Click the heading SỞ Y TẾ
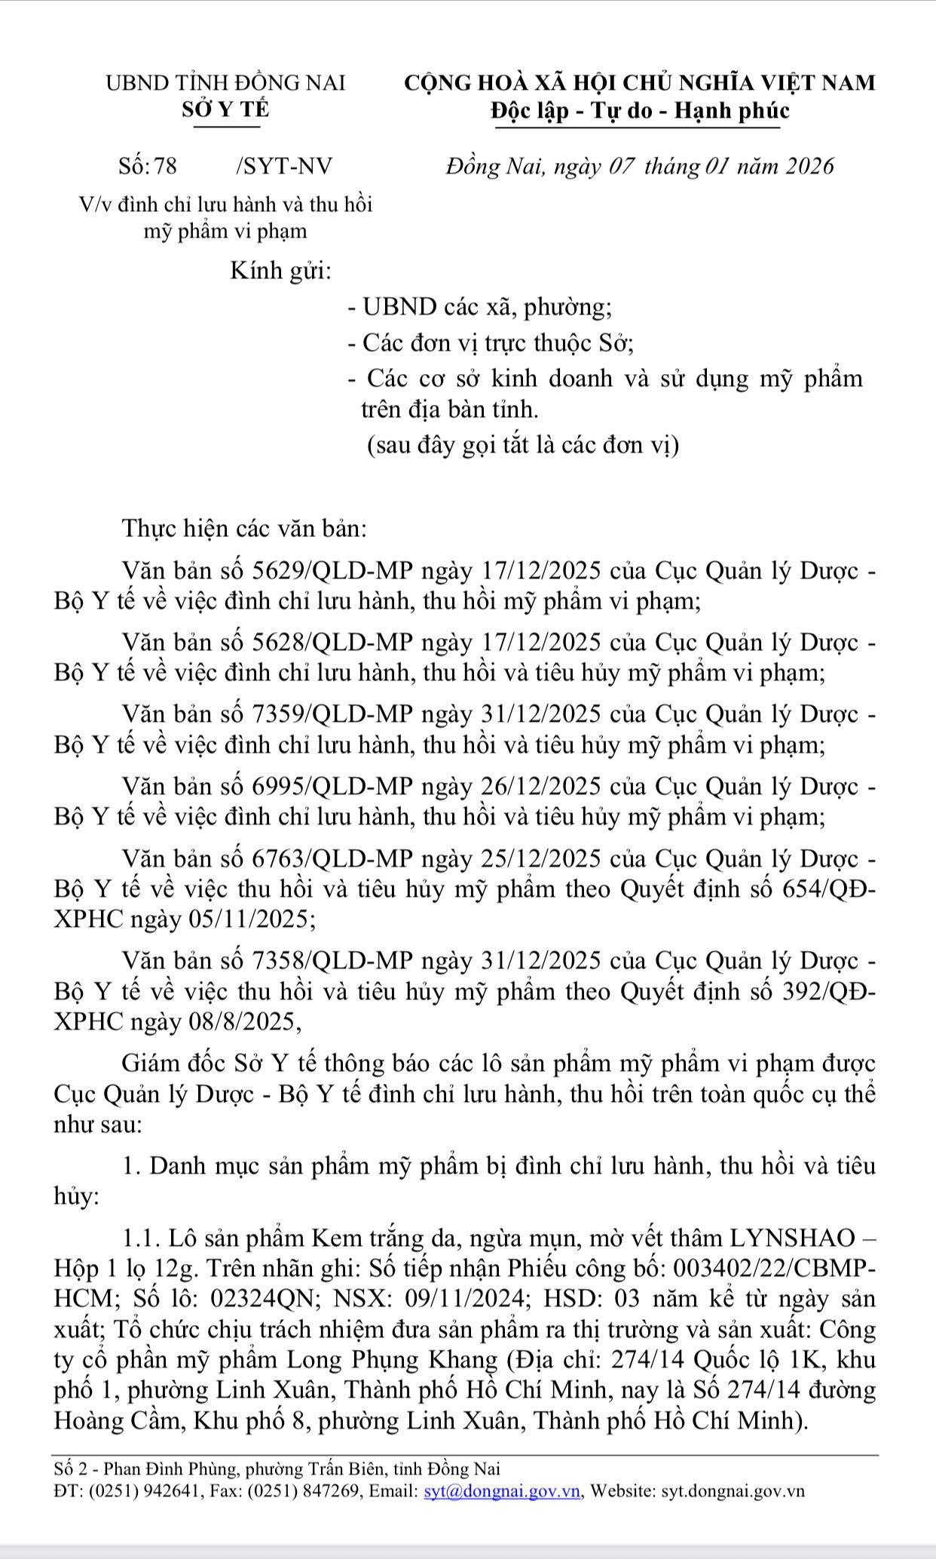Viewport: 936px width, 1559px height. [225, 109]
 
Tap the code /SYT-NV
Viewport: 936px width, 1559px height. [283, 165]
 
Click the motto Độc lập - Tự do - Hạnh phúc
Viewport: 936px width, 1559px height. [639, 111]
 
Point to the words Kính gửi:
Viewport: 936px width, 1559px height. [281, 270]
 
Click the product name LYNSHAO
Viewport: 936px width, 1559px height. [791, 1238]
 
